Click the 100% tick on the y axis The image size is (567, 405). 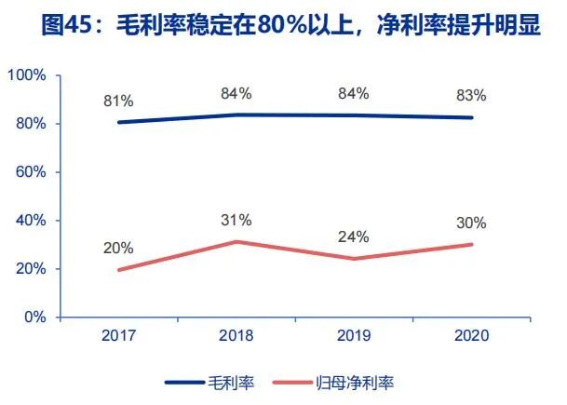(31, 75)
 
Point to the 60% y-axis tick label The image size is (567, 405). (34, 172)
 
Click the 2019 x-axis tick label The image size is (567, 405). (355, 336)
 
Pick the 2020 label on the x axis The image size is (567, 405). (472, 336)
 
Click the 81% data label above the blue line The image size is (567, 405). (118, 100)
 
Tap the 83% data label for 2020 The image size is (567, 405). (472, 95)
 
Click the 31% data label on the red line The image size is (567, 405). (236, 220)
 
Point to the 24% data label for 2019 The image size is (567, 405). (355, 236)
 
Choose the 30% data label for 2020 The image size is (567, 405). (472, 222)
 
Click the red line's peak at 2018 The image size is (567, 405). (237, 242)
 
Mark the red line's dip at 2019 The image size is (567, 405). (355, 259)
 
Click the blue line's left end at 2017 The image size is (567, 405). (119, 122)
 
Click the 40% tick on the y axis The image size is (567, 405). (34, 221)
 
